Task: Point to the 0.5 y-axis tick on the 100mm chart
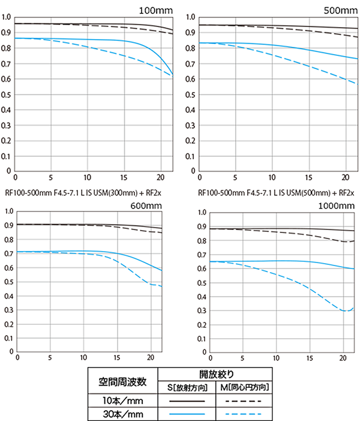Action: pyautogui.click(x=6, y=94)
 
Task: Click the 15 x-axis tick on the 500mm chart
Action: pyautogui.click(x=309, y=178)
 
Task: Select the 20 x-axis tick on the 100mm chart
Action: pyautogui.click(x=160, y=178)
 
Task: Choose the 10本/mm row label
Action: pyautogui.click(x=122, y=401)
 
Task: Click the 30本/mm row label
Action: pyautogui.click(x=122, y=413)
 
